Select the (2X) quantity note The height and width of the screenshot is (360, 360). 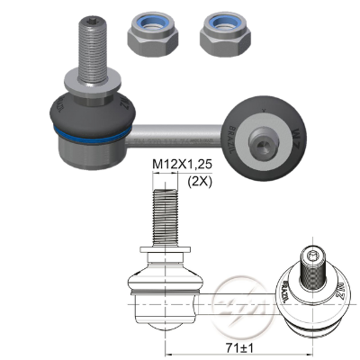(201, 181)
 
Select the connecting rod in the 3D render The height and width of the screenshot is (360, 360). (180, 136)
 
